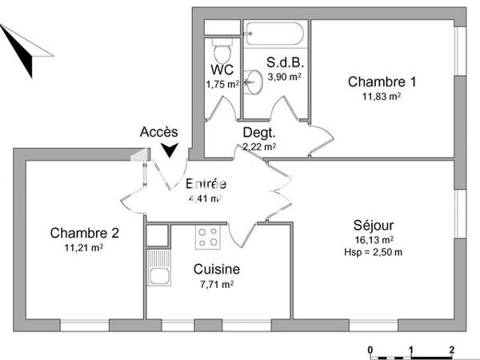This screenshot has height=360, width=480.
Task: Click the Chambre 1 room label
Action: pos(382,81)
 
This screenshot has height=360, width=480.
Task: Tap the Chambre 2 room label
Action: pos(85,234)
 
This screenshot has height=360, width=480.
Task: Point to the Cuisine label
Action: pos(217,270)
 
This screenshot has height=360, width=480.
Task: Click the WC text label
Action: pos(222,69)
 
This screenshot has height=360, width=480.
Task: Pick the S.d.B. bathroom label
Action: pos(284,62)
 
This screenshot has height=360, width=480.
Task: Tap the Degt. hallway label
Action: pos(258,133)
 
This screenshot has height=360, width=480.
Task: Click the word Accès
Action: pos(159,132)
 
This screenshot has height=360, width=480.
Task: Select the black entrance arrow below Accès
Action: pos(170,150)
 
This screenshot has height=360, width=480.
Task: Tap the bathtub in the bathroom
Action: pos(274,34)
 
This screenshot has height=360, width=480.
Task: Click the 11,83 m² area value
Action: pos(382,96)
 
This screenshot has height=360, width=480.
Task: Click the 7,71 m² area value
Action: pos(217,284)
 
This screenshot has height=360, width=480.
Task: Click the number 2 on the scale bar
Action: pos(452,350)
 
